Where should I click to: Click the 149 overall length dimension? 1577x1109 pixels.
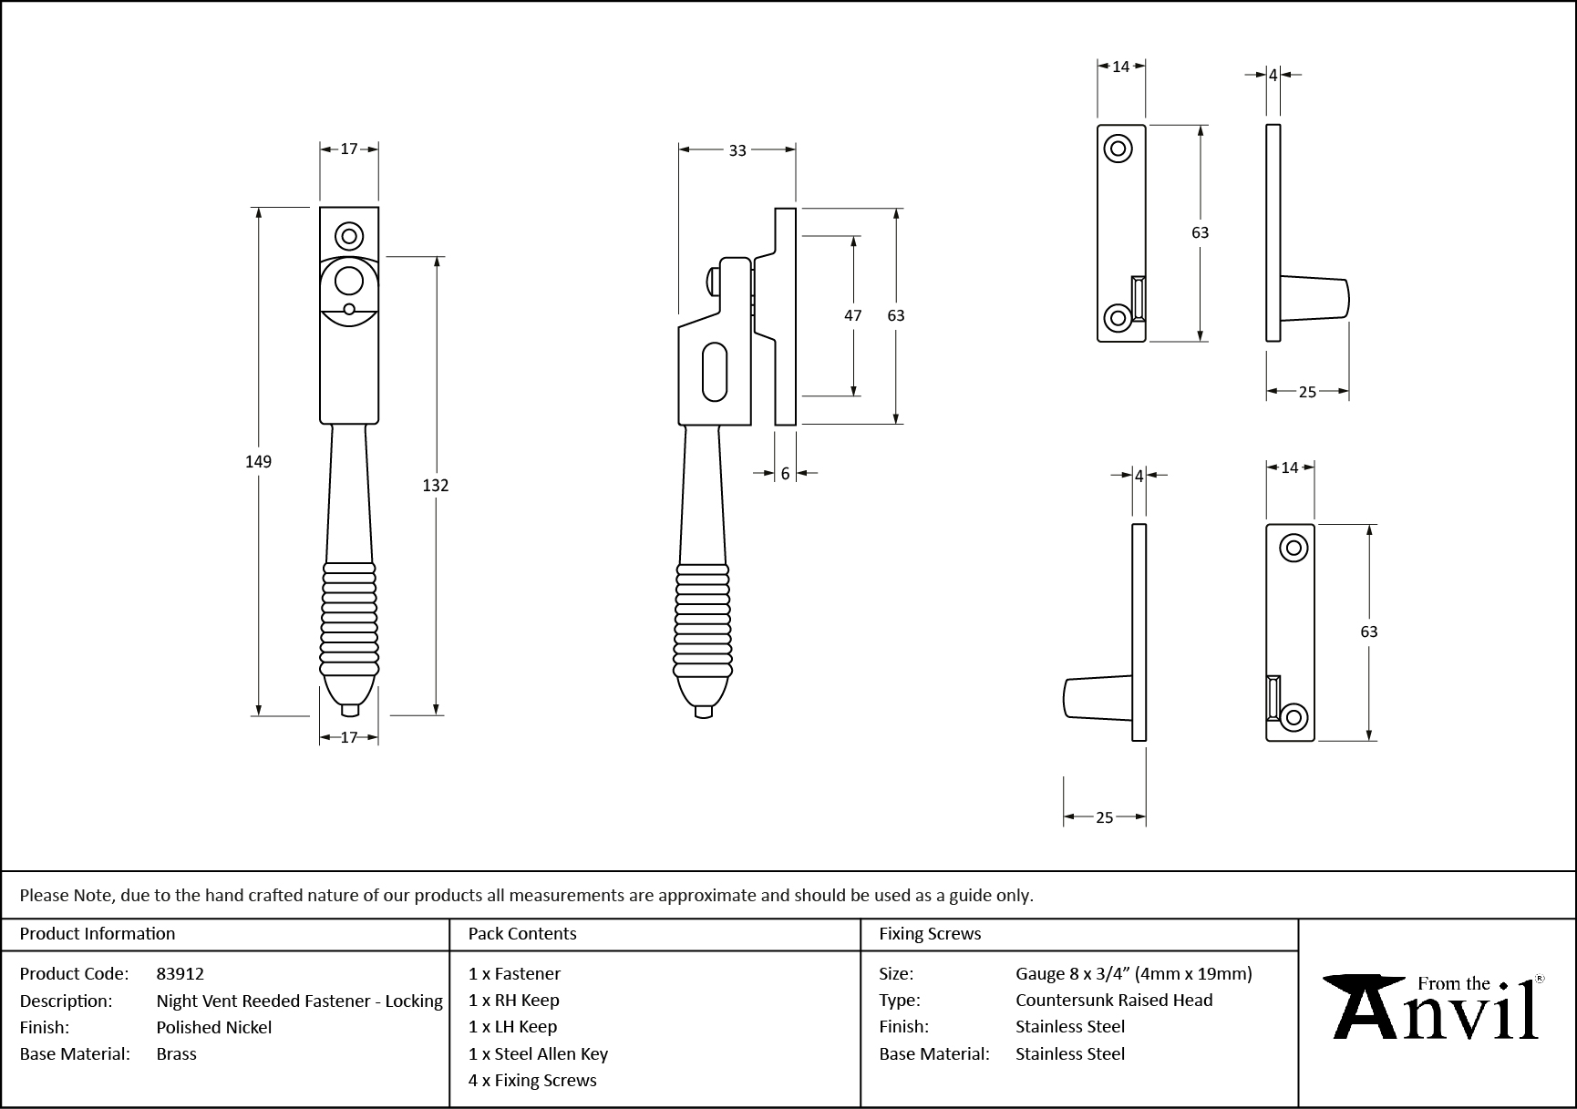[258, 462]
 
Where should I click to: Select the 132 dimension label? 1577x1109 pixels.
[436, 486]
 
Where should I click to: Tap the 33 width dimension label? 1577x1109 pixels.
[737, 150]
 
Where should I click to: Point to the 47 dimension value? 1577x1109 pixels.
[852, 316]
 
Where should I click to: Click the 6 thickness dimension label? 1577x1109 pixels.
[785, 474]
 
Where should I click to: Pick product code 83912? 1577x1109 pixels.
[180, 973]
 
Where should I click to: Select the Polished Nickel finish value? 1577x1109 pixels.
[214, 1027]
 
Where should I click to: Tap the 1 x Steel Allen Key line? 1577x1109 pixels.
[538, 1053]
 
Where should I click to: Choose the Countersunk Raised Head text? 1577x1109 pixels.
[1114, 1000]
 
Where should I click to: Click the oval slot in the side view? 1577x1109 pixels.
[716, 372]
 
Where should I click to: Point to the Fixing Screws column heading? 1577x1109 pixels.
[930, 933]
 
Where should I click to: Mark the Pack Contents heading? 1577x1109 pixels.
[522, 933]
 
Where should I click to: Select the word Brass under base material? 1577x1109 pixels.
[177, 1053]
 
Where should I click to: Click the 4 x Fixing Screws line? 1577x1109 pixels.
[532, 1080]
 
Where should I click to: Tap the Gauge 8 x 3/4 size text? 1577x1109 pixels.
[1134, 973]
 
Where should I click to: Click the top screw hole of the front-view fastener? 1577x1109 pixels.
[349, 236]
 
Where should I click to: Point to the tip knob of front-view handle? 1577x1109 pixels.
[349, 710]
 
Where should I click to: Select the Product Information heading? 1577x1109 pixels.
[98, 933]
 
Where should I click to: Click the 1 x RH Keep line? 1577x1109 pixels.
[513, 1000]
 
